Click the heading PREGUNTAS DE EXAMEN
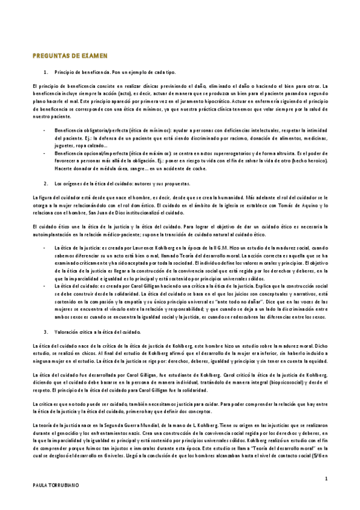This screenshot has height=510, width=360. coord(69,55)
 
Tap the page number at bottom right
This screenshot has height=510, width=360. coord(325,479)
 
